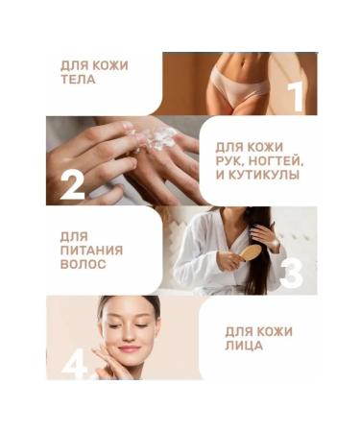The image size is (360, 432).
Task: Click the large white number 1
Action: pos(296,96)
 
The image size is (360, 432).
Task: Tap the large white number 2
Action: pos(72,183)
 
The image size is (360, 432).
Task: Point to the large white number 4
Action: pos(74,362)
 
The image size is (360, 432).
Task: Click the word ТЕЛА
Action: pos(78,80)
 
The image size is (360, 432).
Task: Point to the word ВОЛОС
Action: pos(84,264)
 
